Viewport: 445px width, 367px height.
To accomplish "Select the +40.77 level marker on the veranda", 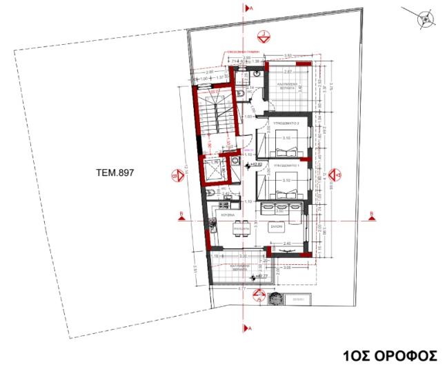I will pos(259,277).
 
